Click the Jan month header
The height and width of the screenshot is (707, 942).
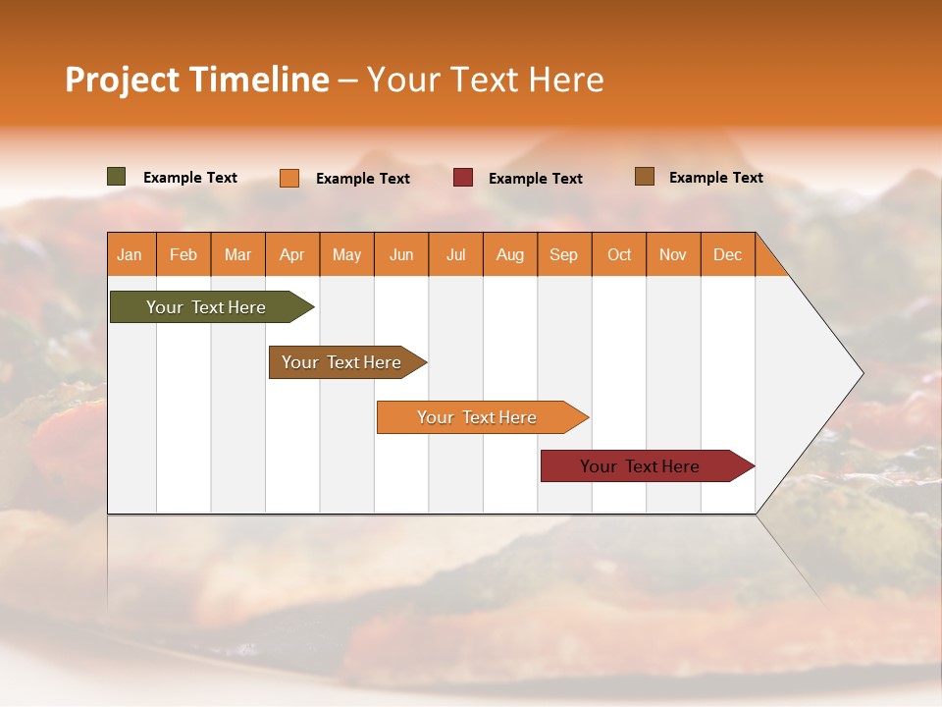coord(131,254)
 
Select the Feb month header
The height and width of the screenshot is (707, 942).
coord(183,254)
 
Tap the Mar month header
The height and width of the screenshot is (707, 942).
coord(237,254)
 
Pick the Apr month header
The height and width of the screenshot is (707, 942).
coord(292,254)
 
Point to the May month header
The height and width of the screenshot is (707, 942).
coord(346,254)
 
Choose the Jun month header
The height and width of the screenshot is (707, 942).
coord(401,254)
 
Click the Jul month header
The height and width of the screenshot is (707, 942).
coord(455,254)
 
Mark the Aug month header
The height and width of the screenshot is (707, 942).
coord(510,254)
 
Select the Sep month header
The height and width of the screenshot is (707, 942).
coord(564,254)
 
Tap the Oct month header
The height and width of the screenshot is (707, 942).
coord(619,254)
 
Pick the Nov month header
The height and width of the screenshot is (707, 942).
coord(673,254)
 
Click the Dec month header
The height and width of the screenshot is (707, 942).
coord(727,254)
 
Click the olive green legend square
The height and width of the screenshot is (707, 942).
coord(117,177)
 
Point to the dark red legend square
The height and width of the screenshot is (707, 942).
coord(463,178)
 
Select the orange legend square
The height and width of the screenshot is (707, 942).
coord(289,178)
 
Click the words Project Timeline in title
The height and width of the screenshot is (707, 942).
coord(197,80)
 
